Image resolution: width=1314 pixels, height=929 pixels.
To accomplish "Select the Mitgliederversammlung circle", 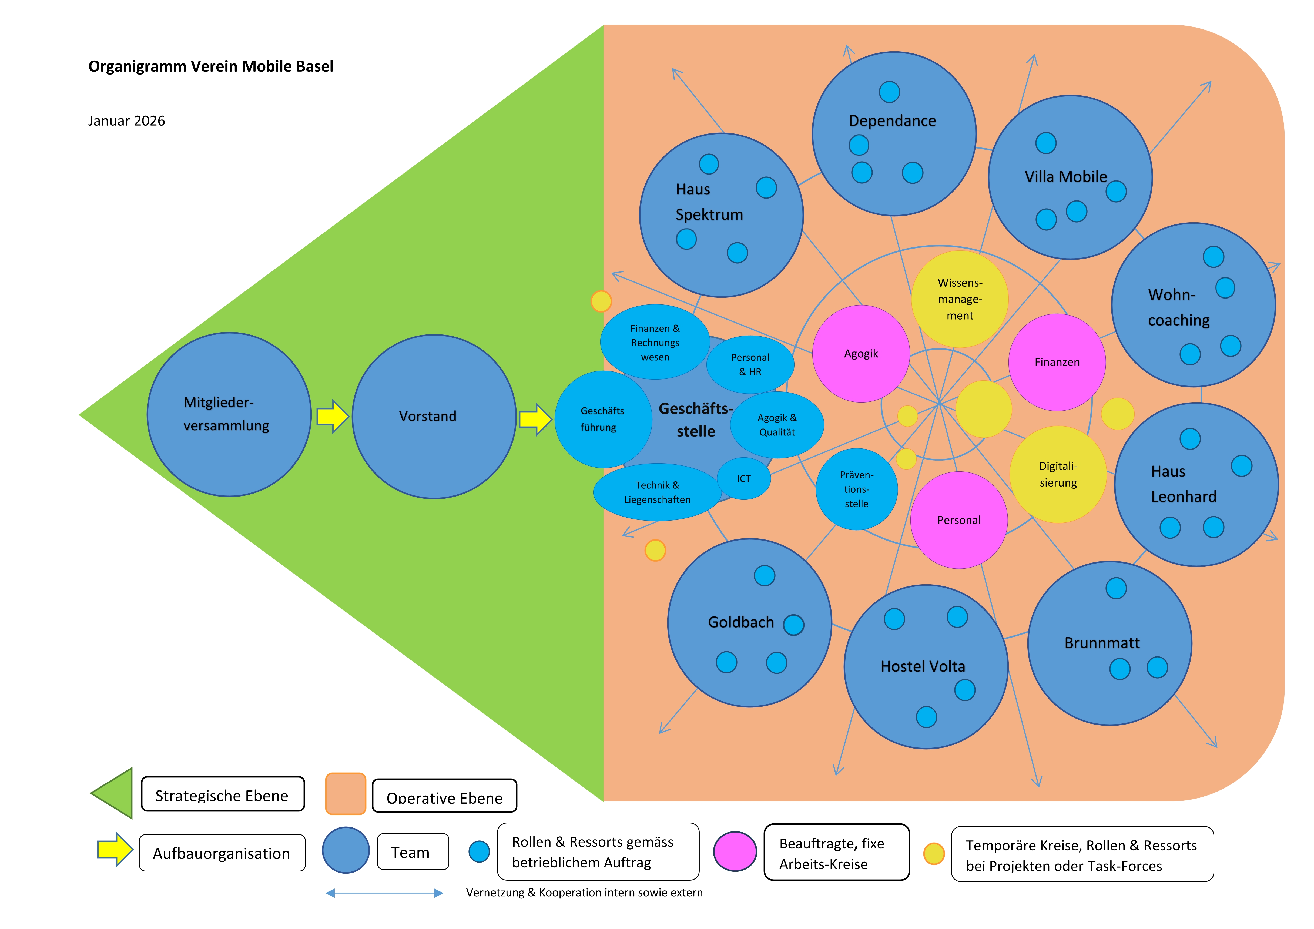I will (229, 414).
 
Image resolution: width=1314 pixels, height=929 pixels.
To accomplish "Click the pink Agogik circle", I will (861, 354).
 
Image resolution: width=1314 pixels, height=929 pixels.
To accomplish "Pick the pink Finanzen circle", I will (1057, 362).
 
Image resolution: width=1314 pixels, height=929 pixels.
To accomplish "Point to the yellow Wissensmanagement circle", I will (960, 299).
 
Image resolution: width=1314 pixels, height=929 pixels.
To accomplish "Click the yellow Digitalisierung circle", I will (1058, 475).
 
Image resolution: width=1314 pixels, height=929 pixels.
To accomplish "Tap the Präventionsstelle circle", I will (856, 489).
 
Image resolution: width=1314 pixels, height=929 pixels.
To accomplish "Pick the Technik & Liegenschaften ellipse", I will (657, 492).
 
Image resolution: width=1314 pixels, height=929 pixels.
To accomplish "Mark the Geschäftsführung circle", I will (603, 419).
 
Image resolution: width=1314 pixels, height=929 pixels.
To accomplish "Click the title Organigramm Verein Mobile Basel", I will (211, 66).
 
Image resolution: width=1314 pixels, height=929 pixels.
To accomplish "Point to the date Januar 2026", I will (126, 121).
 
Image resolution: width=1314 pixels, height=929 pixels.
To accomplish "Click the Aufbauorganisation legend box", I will (222, 853).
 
